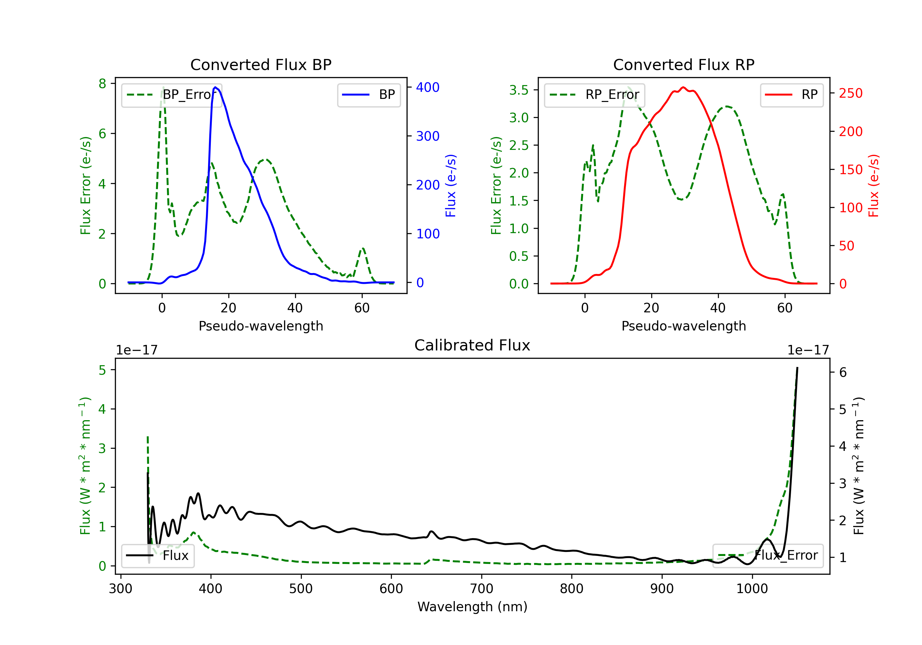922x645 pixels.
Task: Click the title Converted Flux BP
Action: tap(261, 64)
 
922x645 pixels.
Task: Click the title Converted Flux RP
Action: tap(684, 64)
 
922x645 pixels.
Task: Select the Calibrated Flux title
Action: tap(472, 345)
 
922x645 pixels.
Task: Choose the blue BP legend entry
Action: tap(368, 95)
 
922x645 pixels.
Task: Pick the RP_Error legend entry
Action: tap(594, 95)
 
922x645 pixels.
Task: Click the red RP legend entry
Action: tap(791, 95)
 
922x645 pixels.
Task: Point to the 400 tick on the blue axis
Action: tap(428, 88)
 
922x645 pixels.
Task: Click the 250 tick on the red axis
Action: tap(850, 93)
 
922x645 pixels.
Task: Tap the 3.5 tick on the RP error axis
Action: tap(519, 90)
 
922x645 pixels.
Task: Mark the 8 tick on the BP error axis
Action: tap(102, 84)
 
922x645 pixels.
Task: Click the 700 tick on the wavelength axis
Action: tap(482, 589)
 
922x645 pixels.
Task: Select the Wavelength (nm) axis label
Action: tap(472, 607)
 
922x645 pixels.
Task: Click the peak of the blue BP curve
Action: tap(216, 87)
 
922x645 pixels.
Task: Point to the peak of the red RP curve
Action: tap(683, 88)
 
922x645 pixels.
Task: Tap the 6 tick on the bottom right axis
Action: tap(843, 373)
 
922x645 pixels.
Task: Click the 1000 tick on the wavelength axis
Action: tap(752, 589)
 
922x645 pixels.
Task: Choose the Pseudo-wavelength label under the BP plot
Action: tap(261, 326)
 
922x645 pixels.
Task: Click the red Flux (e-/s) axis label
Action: tap(873, 186)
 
